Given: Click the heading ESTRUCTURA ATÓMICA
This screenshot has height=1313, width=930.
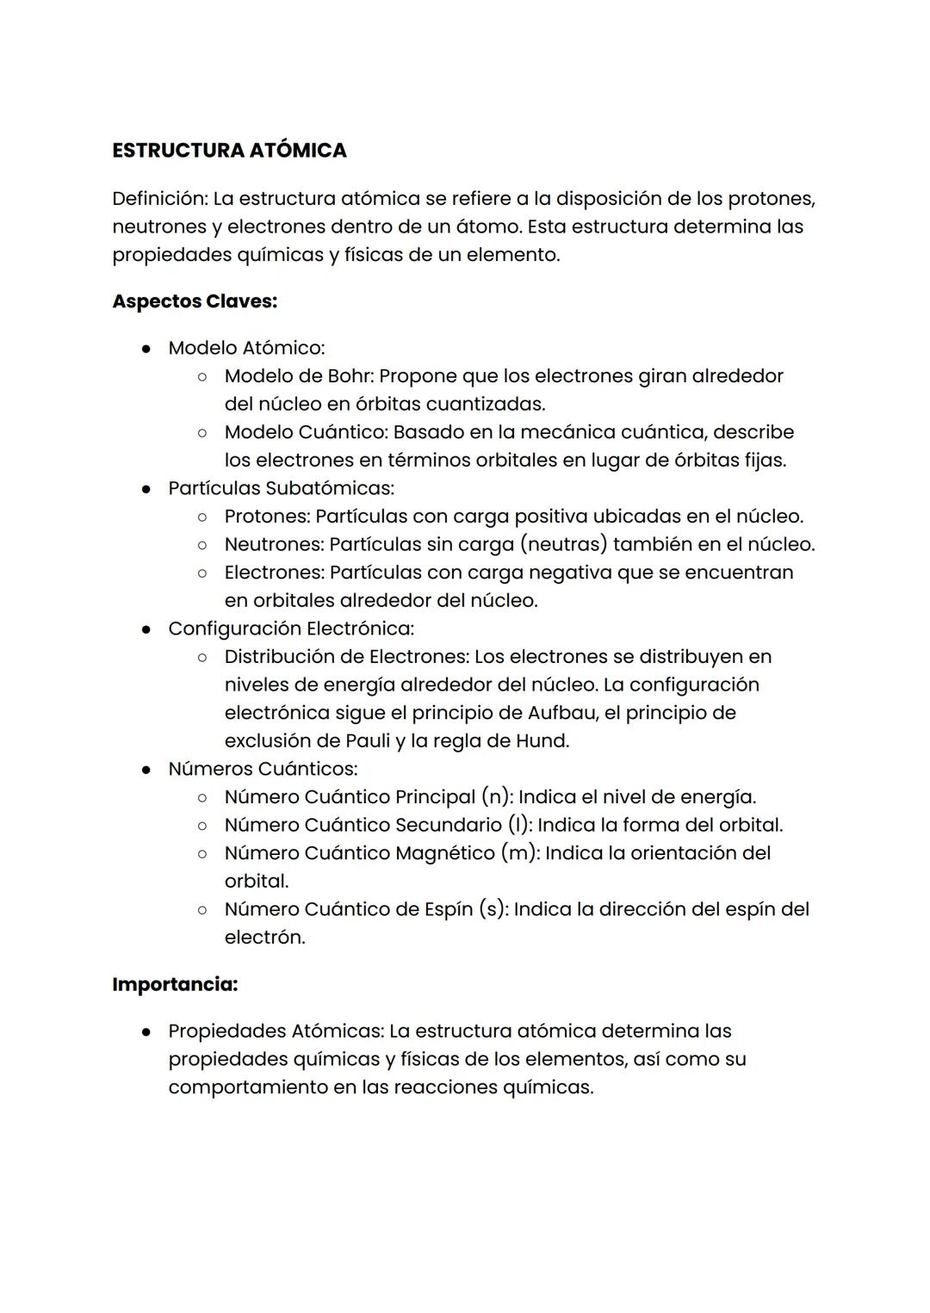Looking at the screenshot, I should tap(229, 151).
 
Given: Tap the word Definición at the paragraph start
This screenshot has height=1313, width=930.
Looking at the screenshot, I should tap(159, 199).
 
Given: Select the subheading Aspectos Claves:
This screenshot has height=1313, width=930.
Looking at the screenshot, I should tap(195, 301).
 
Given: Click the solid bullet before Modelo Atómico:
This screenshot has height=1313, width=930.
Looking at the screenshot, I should tap(147, 349).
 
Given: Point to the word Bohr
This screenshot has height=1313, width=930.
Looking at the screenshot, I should tap(350, 376).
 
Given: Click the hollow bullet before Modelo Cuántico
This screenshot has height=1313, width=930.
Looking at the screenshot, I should tap(201, 432).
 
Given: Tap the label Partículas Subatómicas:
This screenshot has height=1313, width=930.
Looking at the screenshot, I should tap(281, 488).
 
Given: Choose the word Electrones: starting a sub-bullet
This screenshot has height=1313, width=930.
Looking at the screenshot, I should tap(274, 573).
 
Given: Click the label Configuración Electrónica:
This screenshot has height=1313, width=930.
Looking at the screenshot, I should tap(291, 629).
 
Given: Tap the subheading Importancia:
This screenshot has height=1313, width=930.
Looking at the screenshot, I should tap(175, 984).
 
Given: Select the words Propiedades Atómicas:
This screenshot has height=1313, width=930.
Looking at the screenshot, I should tap(276, 1031).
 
